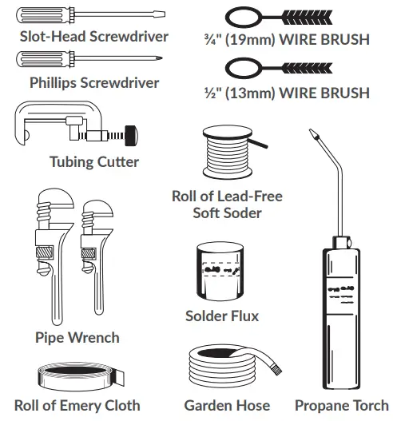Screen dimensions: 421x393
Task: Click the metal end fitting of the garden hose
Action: point(275,368)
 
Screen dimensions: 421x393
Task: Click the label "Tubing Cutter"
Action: point(94,162)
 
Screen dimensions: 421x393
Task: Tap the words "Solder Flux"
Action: point(222,316)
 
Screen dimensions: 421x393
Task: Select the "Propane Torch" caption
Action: point(341,405)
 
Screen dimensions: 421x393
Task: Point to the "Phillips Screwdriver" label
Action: point(94,82)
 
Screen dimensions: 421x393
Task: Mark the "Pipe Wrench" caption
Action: point(77,337)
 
